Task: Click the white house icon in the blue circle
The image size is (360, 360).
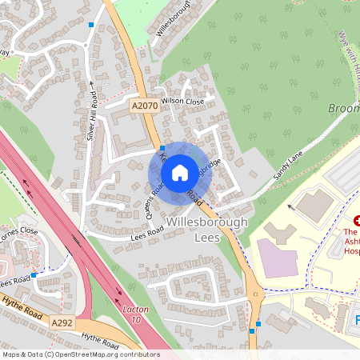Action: tap(180, 171)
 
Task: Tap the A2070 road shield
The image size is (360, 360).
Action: tap(144, 105)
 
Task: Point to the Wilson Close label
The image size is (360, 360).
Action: tap(182, 101)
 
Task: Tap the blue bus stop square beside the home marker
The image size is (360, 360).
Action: tap(162, 148)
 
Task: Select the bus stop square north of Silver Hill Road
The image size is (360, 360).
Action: tap(92, 26)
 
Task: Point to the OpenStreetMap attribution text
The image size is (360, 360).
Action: tap(80, 354)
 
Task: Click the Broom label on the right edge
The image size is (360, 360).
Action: tap(343, 108)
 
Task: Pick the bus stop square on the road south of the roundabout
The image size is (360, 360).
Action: tap(251, 330)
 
